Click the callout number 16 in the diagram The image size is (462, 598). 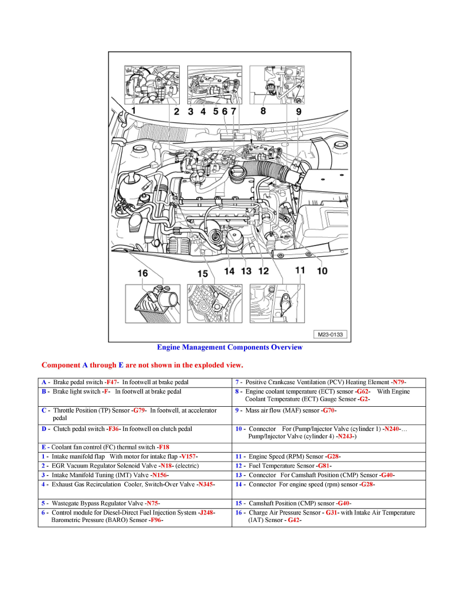coord(143,273)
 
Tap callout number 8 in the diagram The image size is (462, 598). coord(263,110)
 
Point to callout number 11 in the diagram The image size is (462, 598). coord(300,270)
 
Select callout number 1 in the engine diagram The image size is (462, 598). coord(133,110)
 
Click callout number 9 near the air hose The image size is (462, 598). coord(298,111)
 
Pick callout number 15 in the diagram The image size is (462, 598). coord(202,273)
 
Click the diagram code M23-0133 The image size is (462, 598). coord(331,334)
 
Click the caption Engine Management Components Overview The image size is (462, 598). coord(229,347)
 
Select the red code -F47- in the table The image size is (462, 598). coord(112,383)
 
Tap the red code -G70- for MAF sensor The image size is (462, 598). coord(329,411)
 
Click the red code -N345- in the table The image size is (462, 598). coord(206,485)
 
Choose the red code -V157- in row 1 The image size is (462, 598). coord(188,457)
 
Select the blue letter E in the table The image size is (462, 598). coord(44,447)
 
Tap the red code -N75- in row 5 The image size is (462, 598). coord(152,503)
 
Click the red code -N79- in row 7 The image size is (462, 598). coord(398,383)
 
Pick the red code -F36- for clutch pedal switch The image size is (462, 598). coord(114,429)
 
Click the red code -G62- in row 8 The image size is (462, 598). coord(363,392)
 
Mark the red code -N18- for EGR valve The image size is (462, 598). coord(166,466)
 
